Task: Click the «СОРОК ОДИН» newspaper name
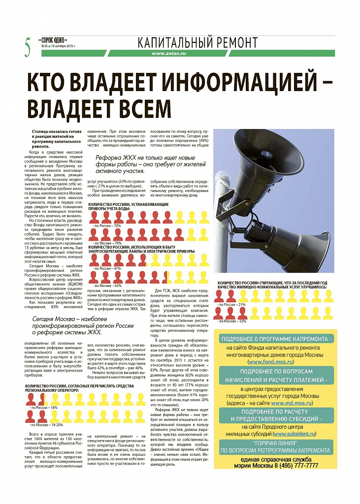pyautogui.click(x=53, y=40)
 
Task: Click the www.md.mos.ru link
pyautogui.click(x=292, y=403)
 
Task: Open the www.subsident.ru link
pyautogui.click(x=295, y=434)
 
